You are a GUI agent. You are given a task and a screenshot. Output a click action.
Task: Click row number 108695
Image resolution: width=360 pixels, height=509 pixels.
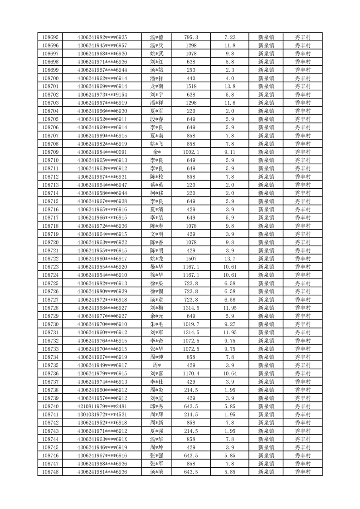[x=50, y=37]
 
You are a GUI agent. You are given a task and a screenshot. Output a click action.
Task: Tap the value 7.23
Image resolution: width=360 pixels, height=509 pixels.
[x=230, y=37]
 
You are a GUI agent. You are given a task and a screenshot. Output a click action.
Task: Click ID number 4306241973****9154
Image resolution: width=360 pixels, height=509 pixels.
[x=102, y=95]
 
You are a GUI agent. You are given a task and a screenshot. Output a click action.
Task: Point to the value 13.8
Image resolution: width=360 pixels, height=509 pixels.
[x=230, y=86]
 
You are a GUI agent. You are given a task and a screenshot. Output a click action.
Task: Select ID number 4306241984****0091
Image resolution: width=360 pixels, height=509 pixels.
[x=102, y=152]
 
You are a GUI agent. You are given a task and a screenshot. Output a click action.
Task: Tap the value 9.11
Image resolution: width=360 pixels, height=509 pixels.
[x=230, y=152]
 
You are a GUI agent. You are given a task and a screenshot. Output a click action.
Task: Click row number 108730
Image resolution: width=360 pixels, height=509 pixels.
[x=50, y=324]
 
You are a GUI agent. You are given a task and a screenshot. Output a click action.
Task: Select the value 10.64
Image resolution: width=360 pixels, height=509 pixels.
[x=230, y=373]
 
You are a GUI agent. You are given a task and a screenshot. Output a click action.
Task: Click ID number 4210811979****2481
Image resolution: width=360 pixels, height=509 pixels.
[x=102, y=406]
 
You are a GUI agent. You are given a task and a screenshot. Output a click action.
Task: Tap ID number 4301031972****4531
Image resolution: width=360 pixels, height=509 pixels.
[x=102, y=415]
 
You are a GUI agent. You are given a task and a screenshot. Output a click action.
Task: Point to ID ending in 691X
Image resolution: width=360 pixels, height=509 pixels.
[x=102, y=439]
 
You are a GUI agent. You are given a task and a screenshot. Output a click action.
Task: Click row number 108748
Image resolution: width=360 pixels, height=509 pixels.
[x=50, y=472]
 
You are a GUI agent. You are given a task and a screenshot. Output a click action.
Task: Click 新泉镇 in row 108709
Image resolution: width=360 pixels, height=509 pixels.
[x=266, y=152]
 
